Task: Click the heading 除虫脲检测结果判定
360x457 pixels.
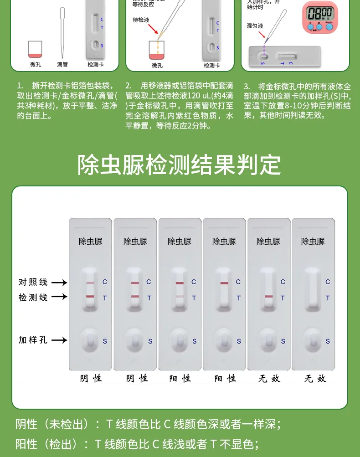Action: click(180, 164)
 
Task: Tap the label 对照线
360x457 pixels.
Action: click(33, 282)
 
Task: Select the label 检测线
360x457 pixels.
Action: click(33, 297)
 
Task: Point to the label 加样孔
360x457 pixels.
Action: click(33, 340)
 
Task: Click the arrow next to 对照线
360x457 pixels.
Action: click(59, 282)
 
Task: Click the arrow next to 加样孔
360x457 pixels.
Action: click(59, 340)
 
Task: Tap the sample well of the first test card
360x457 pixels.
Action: click(90, 340)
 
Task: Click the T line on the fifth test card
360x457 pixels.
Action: click(268, 297)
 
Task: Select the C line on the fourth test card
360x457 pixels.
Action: click(224, 283)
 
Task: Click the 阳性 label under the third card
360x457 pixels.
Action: click(180, 379)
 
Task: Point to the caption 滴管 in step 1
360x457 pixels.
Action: click(62, 65)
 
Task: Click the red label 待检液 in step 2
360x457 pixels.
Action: click(141, 20)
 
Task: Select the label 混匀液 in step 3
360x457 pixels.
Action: click(255, 26)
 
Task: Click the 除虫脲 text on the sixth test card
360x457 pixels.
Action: click(313, 241)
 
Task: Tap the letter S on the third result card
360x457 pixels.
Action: click(194, 341)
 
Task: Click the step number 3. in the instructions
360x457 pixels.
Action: click(247, 86)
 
